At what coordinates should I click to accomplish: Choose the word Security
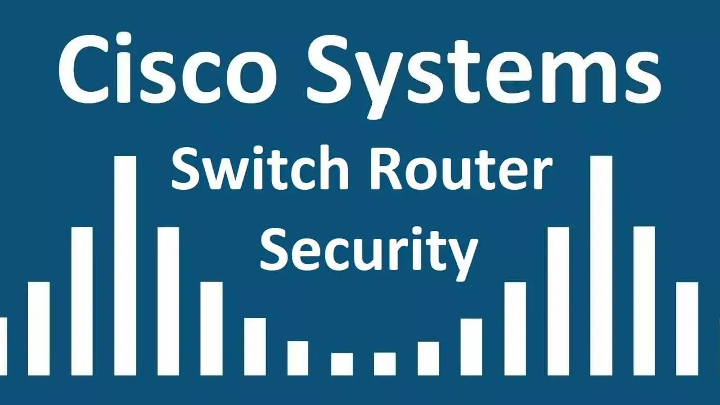[x=369, y=252]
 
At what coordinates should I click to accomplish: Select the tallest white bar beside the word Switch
[x=125, y=265]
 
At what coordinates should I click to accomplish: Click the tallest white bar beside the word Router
[x=601, y=265]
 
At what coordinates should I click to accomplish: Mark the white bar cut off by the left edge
[x=3, y=346]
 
